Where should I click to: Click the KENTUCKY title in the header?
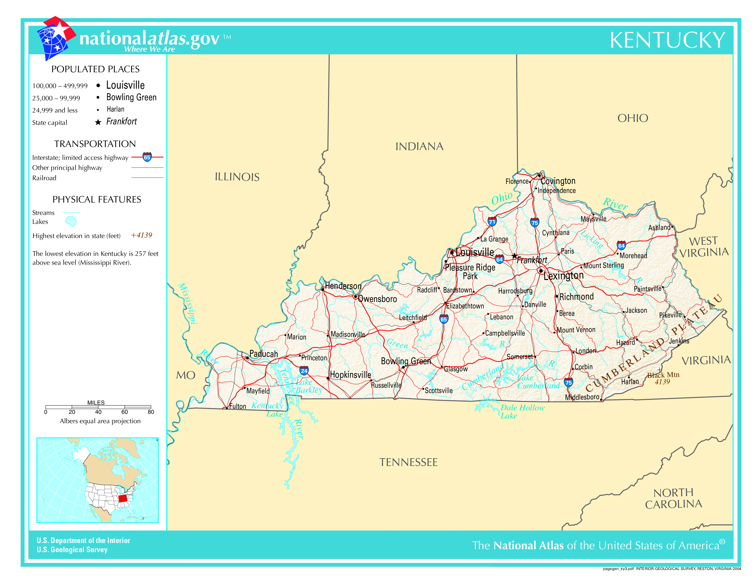(x=667, y=40)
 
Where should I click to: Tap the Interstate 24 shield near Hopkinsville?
(x=304, y=371)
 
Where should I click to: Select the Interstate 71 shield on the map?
(x=492, y=222)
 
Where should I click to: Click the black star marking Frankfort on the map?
(x=514, y=256)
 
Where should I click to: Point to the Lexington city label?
(x=564, y=276)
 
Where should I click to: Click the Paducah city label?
(x=263, y=354)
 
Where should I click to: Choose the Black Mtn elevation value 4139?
(x=662, y=382)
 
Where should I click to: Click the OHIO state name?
(x=633, y=118)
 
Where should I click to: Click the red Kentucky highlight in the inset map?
(x=123, y=498)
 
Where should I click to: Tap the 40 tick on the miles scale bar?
(x=98, y=412)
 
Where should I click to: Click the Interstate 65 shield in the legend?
(x=147, y=157)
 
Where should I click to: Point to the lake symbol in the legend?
(x=71, y=221)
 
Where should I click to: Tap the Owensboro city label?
(x=377, y=299)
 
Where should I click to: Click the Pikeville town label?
(x=670, y=315)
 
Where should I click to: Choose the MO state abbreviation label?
(x=186, y=375)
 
